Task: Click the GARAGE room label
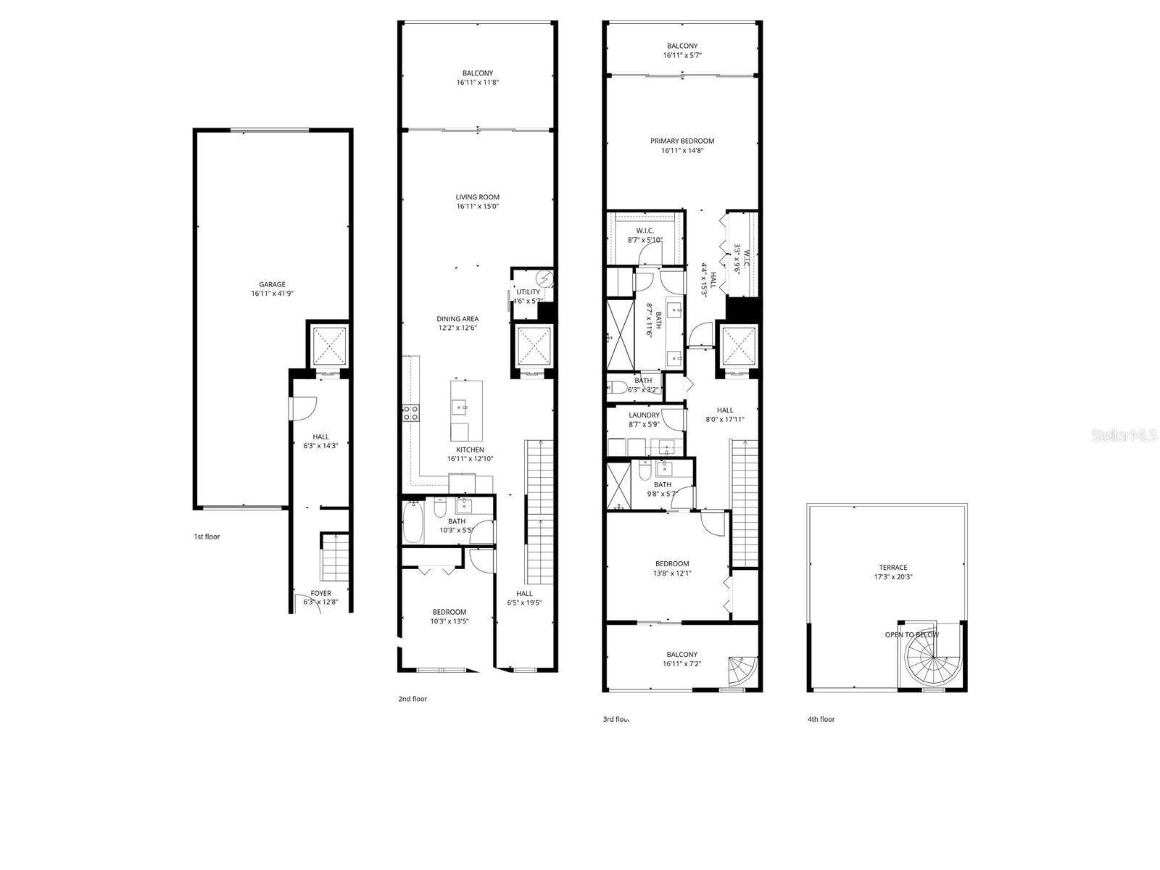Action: pos(272,284)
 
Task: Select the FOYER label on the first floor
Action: pos(320,593)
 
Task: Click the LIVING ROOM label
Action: pos(477,197)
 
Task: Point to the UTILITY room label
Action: pos(528,292)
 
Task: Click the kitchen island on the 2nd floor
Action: pos(466,410)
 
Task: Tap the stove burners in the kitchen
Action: pos(410,413)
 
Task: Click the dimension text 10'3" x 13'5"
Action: pos(449,621)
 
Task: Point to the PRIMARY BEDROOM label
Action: pos(681,141)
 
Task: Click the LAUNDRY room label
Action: pos(644,415)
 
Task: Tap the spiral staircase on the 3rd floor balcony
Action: pos(742,671)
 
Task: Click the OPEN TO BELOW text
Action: pos(911,635)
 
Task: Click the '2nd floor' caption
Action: pos(413,699)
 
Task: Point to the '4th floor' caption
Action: pos(821,719)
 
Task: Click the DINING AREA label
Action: pos(457,319)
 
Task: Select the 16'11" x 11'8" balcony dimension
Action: pos(477,83)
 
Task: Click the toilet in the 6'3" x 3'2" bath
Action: pos(618,386)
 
